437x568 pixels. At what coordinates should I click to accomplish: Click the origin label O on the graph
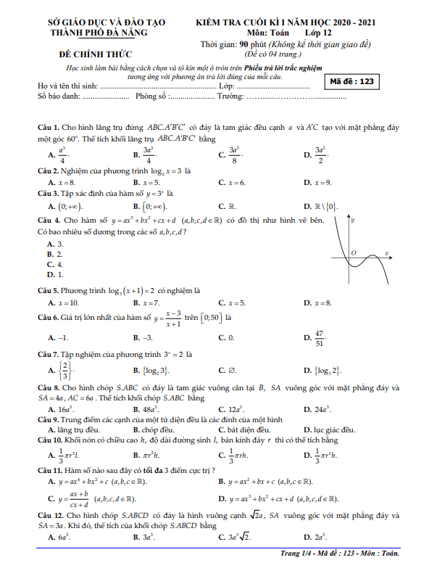[x=354, y=252]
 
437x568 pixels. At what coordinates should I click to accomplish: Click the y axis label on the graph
[x=352, y=219]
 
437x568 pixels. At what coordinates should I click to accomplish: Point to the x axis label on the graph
[x=387, y=253]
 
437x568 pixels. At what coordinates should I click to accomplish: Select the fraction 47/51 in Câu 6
[x=319, y=339]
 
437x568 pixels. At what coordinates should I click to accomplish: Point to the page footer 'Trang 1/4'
[x=299, y=554]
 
